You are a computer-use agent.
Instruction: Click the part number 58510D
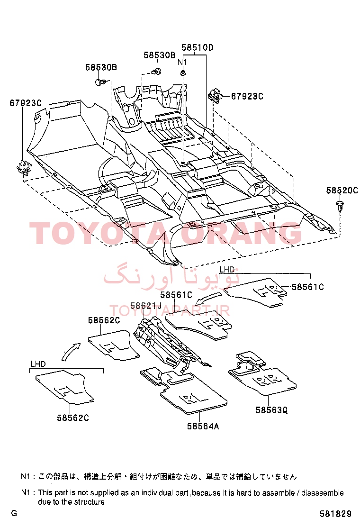(197, 47)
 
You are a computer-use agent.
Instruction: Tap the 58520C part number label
(342, 191)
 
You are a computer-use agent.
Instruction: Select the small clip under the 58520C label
(340, 205)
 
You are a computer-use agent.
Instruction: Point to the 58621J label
(146, 306)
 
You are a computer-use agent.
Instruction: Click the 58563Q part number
(272, 410)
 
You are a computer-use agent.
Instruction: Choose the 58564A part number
(203, 426)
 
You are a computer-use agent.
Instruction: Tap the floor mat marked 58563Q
(262, 373)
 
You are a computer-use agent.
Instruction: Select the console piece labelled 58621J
(171, 346)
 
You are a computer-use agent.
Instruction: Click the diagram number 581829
(335, 514)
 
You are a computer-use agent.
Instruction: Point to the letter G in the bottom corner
(14, 513)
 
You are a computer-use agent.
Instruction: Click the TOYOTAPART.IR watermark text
(170, 310)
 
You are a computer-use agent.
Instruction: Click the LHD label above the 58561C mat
(227, 269)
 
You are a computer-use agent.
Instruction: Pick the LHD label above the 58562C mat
(38, 364)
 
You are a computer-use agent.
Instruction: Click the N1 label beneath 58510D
(182, 62)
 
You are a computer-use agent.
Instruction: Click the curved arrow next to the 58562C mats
(72, 351)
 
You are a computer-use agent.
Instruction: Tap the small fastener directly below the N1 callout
(183, 73)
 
